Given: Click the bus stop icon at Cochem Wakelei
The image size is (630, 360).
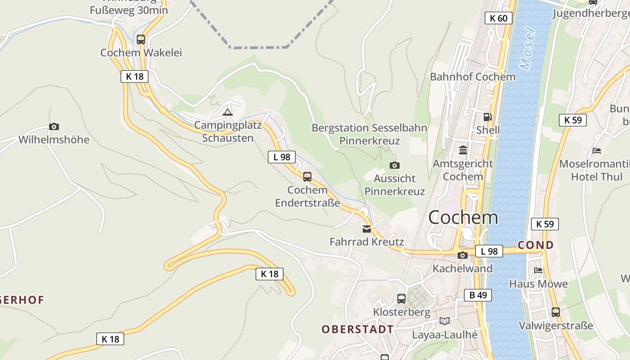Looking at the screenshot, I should [141, 40].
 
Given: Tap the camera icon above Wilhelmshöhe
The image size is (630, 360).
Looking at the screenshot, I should [54, 127].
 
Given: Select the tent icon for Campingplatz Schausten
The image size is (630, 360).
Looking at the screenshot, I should [228, 112].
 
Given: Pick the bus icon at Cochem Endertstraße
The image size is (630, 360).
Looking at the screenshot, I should [307, 176].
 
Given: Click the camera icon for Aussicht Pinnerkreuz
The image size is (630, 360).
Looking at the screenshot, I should [395, 166].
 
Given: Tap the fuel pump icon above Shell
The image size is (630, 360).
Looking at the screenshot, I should [487, 117].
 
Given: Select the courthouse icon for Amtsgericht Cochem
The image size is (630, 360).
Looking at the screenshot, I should [463, 150].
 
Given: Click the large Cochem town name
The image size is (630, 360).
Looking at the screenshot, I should [463, 218].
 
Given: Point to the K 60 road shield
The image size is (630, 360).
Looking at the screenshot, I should [499, 18].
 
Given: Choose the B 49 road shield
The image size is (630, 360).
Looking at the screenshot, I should [478, 295].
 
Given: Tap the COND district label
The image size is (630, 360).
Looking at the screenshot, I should [535, 245].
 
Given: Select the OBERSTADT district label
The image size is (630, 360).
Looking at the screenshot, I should [358, 329].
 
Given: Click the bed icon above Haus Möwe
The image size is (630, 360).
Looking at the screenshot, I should [538, 270].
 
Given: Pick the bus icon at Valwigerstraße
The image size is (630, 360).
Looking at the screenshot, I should [556, 312].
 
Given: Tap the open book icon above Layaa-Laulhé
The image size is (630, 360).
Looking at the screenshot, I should [445, 321].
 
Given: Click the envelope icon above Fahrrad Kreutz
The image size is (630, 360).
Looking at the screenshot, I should [367, 229].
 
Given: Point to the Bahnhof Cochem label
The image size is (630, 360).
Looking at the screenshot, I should [472, 76].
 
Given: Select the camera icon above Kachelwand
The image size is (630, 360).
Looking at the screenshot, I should [462, 256].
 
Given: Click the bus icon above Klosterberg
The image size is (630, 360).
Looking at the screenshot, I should [401, 298].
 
